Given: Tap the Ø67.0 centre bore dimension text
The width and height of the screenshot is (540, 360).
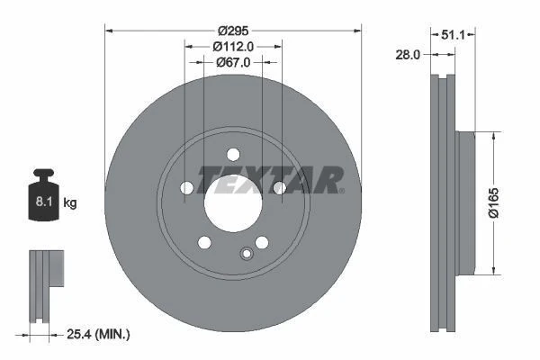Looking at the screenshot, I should tap(233, 62).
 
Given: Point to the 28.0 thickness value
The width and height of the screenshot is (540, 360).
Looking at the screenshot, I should tap(408, 55).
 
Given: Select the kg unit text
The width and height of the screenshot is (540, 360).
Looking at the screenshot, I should tap(70, 203).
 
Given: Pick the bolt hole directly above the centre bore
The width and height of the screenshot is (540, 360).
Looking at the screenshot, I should tap(233, 153).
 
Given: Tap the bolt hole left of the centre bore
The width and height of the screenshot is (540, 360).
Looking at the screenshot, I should tap(187, 187).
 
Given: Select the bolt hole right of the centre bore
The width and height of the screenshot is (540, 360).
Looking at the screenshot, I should tap(279, 187).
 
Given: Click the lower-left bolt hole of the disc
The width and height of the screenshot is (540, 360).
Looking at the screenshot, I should tap(204, 242).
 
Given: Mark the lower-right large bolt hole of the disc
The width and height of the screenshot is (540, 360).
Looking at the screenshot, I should tap(262, 242).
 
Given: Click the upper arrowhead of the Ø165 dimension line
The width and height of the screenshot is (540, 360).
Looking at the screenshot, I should tap(493, 135).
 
